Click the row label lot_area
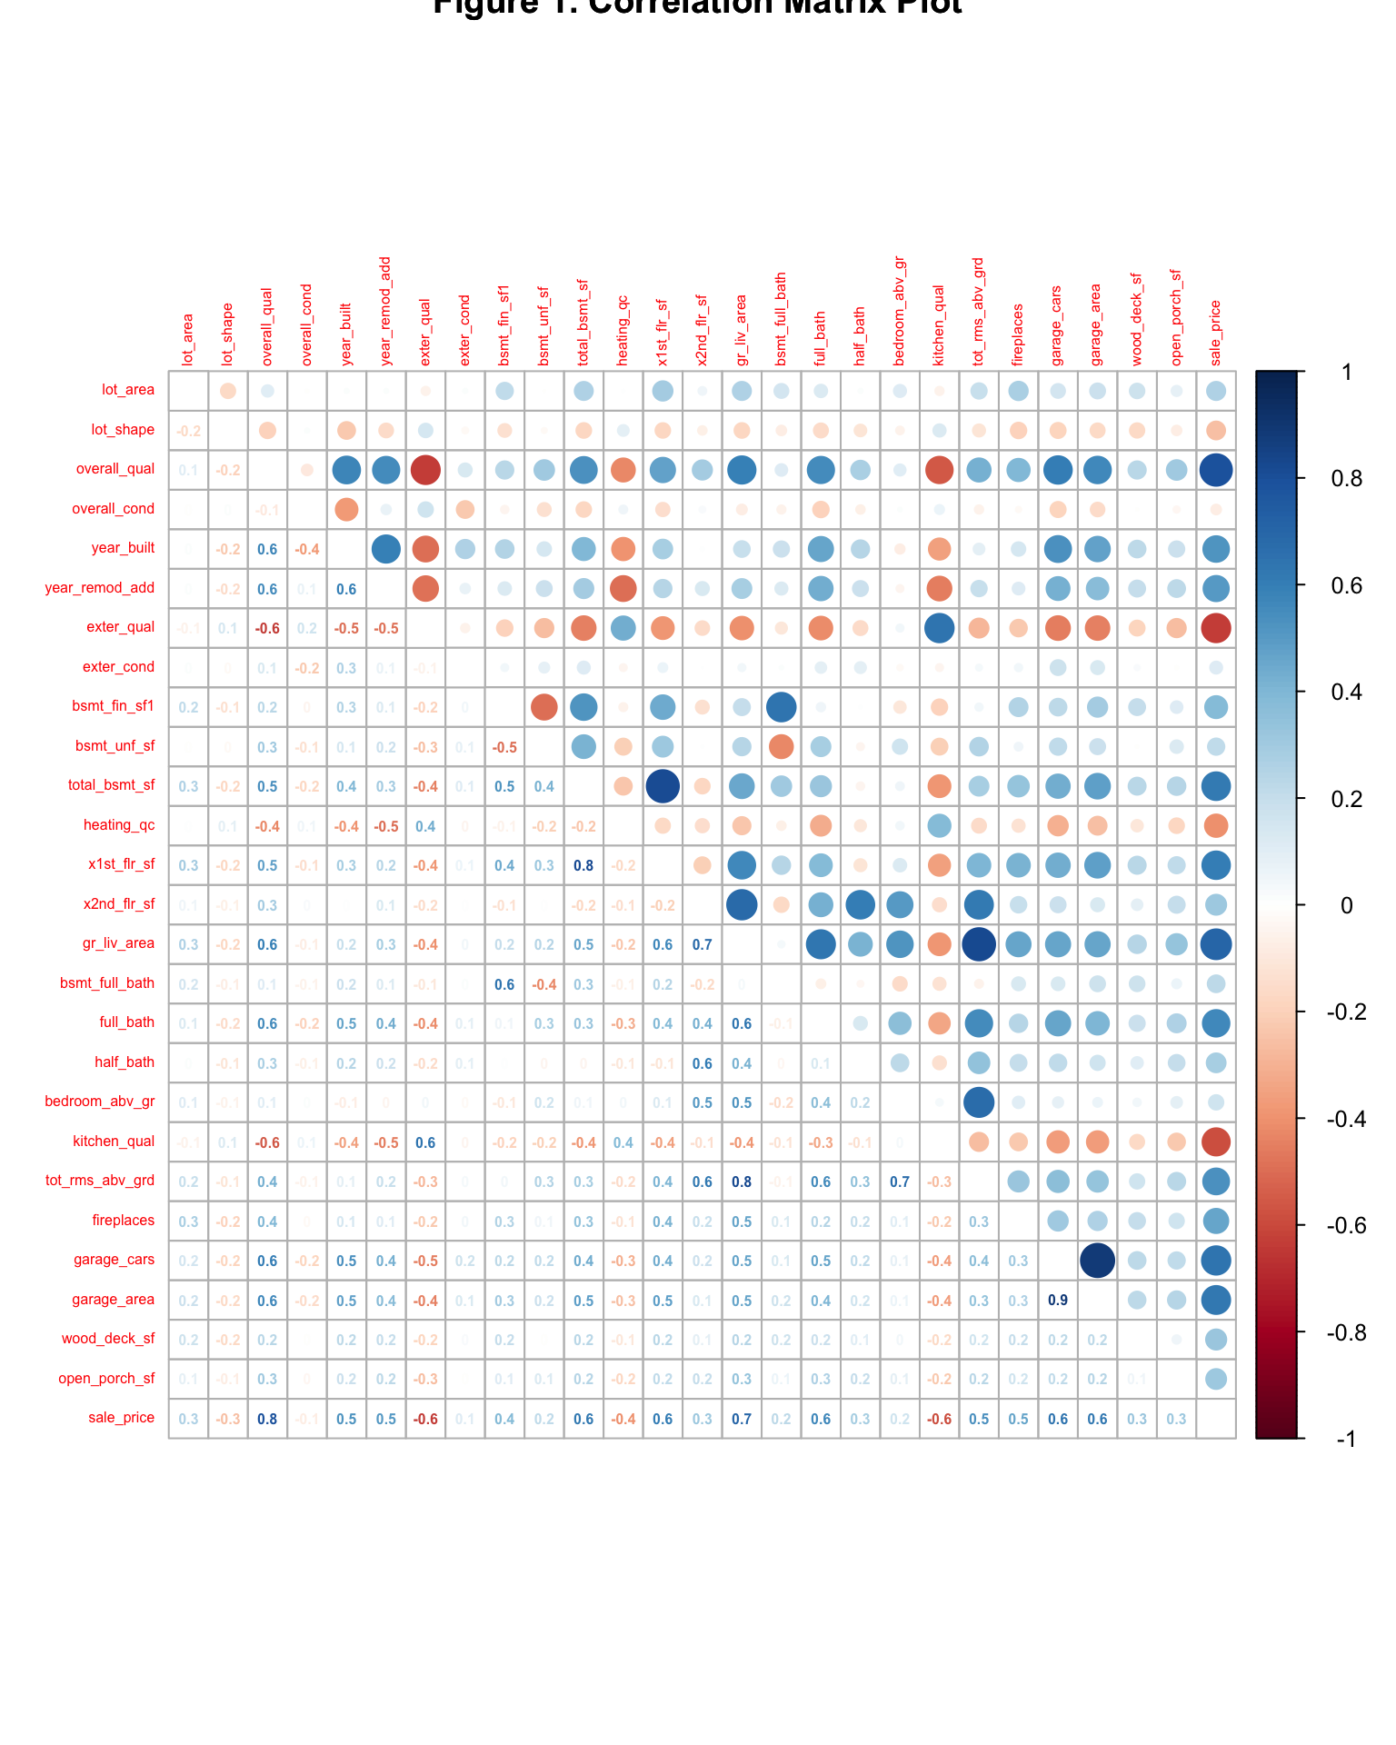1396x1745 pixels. (x=128, y=391)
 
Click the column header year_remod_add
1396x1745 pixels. (x=385, y=312)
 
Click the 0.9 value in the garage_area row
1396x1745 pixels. (x=1057, y=1301)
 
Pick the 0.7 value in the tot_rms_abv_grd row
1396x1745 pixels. (x=900, y=1182)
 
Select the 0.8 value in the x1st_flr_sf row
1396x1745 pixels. (x=583, y=866)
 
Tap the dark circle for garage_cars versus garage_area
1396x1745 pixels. (x=1097, y=1261)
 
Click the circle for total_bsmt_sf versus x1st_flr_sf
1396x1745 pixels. (x=663, y=786)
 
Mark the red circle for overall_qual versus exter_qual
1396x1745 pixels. (x=425, y=470)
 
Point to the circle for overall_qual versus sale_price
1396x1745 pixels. (x=1216, y=470)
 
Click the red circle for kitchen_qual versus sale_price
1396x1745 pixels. (x=1216, y=1142)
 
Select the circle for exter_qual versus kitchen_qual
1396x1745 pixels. (x=939, y=628)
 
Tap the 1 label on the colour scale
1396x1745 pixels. (x=1345, y=373)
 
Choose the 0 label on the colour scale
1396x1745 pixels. (x=1346, y=905)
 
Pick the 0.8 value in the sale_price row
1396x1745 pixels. (x=267, y=1419)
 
